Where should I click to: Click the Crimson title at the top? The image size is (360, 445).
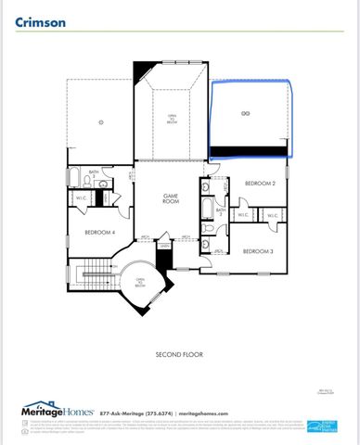click(x=40, y=23)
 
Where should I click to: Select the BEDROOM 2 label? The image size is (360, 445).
click(x=261, y=184)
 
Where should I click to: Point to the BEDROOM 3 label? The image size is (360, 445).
click(x=258, y=251)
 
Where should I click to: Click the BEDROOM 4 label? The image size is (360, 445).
click(x=99, y=232)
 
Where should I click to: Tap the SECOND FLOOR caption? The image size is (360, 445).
click(x=180, y=355)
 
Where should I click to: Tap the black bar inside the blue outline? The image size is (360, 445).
click(x=249, y=151)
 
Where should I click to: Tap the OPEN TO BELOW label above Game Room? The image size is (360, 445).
click(x=172, y=118)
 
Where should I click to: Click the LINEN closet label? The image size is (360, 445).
click(x=163, y=245)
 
